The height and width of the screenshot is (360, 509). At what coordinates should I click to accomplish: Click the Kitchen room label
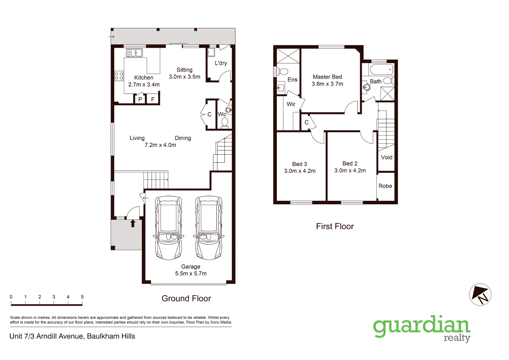[x=144, y=77]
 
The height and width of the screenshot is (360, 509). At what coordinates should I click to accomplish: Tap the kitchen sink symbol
[x=134, y=53]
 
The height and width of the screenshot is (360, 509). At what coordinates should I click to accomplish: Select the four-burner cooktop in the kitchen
[x=119, y=76]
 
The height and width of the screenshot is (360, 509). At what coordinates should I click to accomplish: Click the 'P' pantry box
[x=140, y=99]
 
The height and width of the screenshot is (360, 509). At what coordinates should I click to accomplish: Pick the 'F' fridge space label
[x=153, y=99]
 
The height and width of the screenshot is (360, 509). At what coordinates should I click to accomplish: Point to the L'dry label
[x=221, y=63]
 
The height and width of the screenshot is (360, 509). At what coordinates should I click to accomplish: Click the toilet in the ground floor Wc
[x=225, y=122]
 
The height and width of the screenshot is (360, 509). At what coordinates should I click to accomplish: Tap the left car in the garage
[x=169, y=227]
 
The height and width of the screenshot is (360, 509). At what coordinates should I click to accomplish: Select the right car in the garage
[x=209, y=227]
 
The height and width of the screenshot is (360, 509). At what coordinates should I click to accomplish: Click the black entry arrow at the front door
[x=133, y=223]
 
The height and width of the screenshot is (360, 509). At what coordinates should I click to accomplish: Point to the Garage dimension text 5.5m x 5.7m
[x=191, y=273]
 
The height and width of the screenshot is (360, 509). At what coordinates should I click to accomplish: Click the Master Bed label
[x=327, y=77]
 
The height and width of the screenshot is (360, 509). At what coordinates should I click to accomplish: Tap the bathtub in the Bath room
[x=381, y=70]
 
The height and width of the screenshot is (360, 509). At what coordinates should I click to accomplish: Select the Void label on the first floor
[x=386, y=157]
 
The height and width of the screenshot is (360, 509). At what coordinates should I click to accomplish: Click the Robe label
[x=385, y=186]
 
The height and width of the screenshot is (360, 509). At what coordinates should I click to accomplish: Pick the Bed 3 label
[x=299, y=164]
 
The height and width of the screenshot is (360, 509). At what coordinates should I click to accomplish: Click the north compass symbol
[x=480, y=295]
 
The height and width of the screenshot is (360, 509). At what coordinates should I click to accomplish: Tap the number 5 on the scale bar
[x=82, y=297]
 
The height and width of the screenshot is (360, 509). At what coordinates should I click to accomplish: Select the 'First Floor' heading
[x=335, y=226]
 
